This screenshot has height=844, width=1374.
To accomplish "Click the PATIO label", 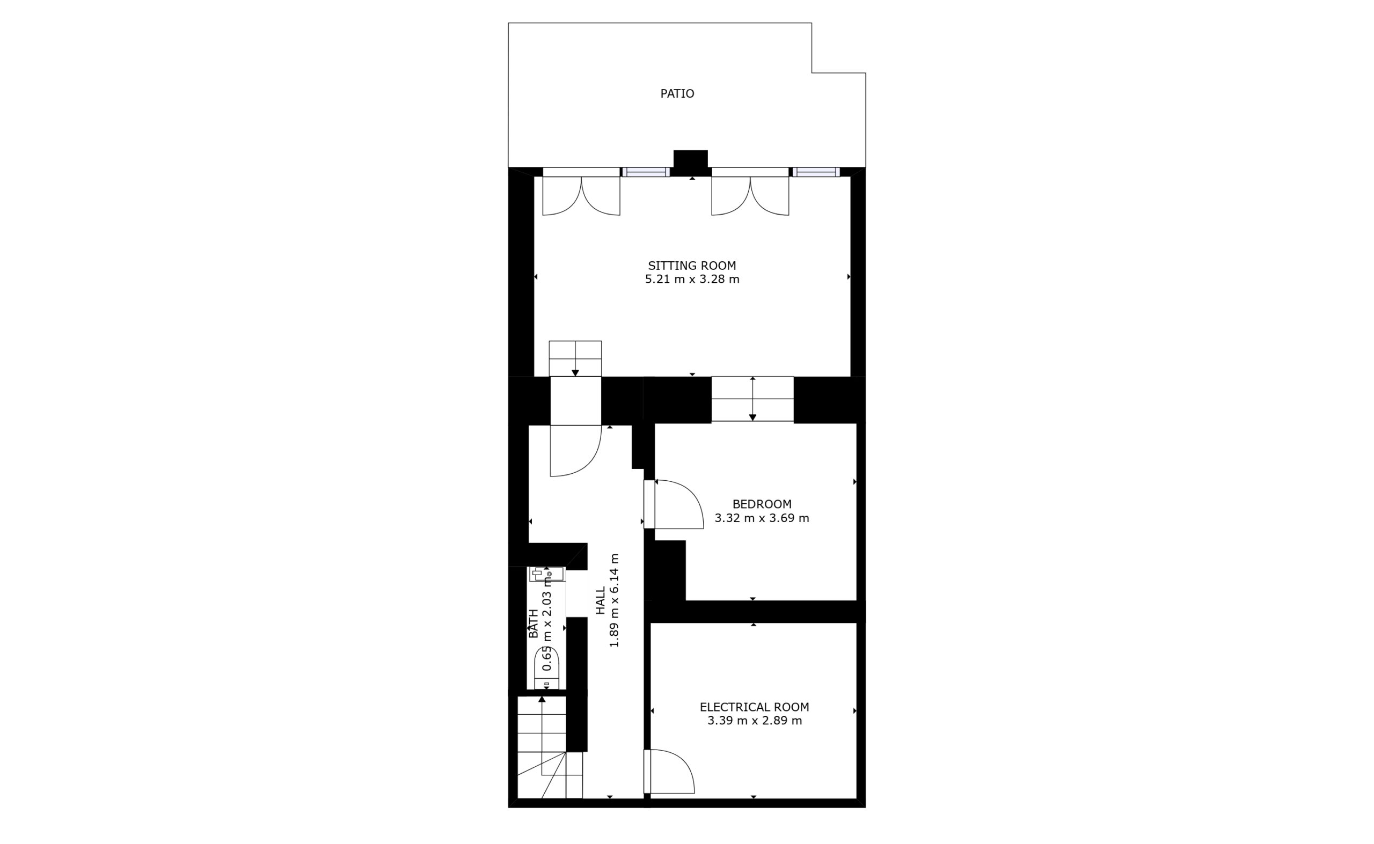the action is click(677, 94).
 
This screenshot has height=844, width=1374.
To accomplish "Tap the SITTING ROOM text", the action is click(692, 266).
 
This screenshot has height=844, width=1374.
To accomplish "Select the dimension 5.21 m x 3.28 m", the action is click(692, 279).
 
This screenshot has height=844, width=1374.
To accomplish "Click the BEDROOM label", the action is click(762, 504).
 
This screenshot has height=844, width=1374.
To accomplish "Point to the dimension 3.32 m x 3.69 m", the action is click(762, 518).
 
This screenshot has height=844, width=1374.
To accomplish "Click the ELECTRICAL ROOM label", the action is click(754, 707).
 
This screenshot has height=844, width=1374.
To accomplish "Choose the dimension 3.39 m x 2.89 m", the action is click(754, 721).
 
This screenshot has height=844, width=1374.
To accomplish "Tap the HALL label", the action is click(600, 600).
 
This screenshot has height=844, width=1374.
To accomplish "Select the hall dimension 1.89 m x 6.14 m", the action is click(614, 600).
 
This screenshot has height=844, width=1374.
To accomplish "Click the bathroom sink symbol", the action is click(546, 574).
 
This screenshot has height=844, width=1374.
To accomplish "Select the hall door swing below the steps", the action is click(575, 451).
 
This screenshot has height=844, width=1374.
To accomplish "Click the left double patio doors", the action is click(581, 195).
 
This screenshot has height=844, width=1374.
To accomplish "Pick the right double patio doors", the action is click(750, 195).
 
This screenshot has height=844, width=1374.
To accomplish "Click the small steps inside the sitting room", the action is click(575, 358).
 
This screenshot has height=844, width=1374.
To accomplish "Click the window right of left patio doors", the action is click(646, 172).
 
